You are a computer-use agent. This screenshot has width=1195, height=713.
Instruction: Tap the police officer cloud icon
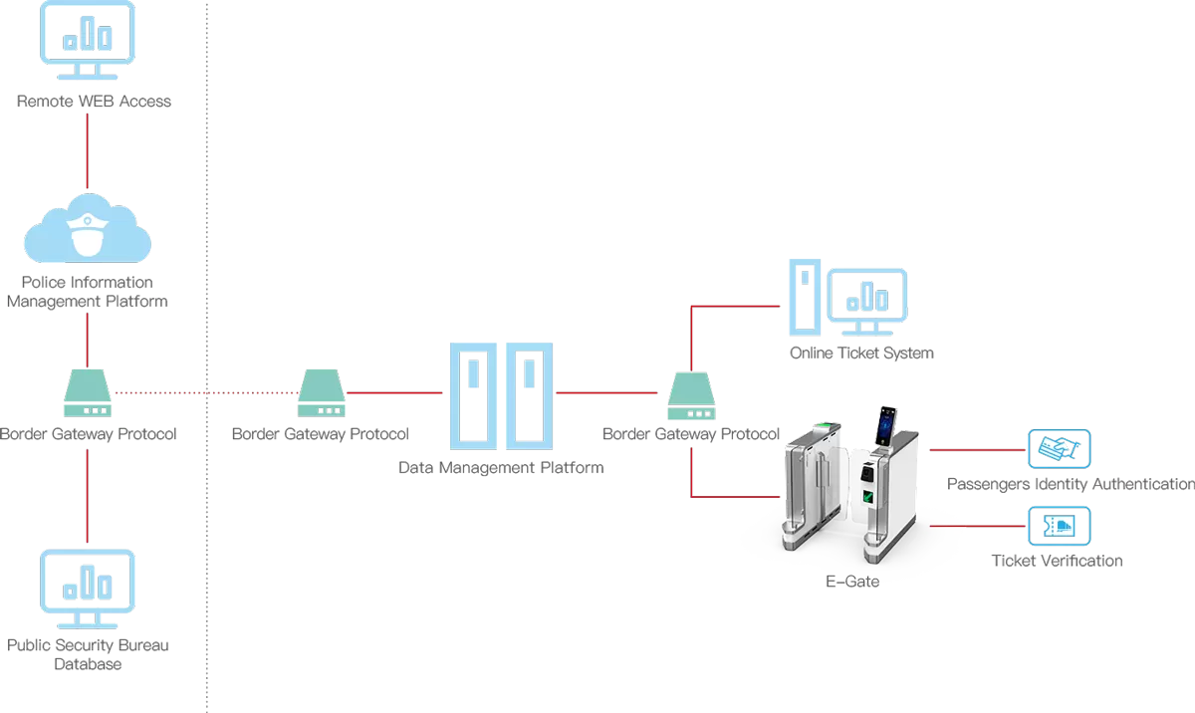(88, 231)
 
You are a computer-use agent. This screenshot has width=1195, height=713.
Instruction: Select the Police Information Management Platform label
(88, 292)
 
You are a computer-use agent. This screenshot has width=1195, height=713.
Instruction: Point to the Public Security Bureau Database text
(88, 654)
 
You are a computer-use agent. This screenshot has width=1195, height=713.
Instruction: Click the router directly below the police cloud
(88, 393)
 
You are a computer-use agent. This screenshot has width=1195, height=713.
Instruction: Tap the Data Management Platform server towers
(501, 395)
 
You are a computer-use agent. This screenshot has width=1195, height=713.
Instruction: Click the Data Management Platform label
(501, 467)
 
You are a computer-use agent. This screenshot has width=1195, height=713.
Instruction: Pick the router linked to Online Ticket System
(691, 395)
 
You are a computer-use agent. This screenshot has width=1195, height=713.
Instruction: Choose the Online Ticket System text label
(861, 354)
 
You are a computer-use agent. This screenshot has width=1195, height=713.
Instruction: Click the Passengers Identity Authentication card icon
(1059, 449)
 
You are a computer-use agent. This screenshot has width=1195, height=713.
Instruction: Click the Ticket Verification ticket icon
(1059, 525)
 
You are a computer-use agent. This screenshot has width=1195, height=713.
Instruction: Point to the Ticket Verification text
(1057, 561)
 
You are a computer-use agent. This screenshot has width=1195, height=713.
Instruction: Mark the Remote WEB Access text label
(94, 101)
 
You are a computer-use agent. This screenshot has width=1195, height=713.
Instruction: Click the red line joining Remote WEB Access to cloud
(88, 149)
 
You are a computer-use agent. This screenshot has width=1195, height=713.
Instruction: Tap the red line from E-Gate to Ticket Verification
(976, 525)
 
